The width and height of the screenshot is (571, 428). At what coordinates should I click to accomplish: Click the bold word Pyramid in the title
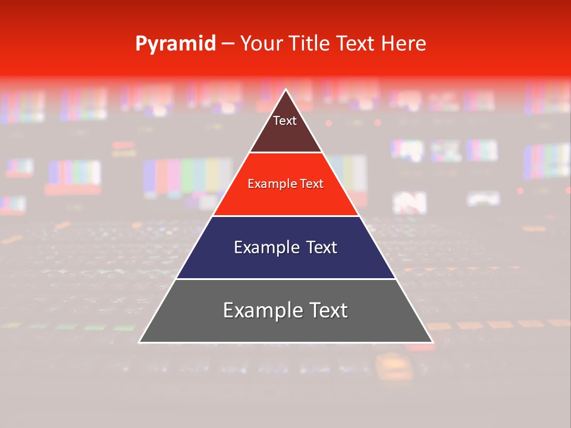tap(175, 44)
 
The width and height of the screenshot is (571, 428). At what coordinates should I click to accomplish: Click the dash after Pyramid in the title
tap(228, 44)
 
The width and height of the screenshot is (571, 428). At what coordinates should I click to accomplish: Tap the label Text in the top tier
tap(285, 121)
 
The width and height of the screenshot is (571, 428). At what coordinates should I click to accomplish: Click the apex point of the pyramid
tap(286, 90)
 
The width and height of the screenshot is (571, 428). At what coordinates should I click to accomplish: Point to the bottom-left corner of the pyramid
tap(140, 342)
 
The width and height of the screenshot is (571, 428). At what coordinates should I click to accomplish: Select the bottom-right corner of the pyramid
tap(432, 342)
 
